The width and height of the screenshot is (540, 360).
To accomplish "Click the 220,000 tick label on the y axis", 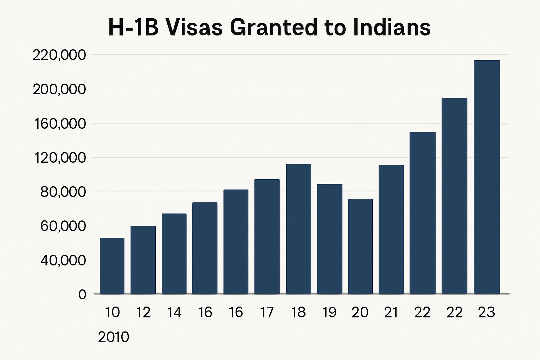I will [x=59, y=55].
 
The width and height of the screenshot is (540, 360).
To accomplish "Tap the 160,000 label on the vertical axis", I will [x=59, y=124].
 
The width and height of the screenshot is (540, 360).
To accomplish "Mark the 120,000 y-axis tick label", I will [x=59, y=158].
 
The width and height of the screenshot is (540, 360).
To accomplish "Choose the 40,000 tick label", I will [x=63, y=260].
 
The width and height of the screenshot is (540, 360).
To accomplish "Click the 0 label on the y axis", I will [x=82, y=294].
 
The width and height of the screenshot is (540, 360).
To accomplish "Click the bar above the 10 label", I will [x=112, y=266].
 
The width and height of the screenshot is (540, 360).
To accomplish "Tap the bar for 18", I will [x=298, y=229].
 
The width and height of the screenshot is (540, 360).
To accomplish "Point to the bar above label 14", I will [x=174, y=253].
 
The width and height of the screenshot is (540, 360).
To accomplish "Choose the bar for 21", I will [x=391, y=229].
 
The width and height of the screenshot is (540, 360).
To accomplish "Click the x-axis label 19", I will [x=329, y=312].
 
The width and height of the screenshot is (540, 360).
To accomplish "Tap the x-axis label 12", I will [x=143, y=312].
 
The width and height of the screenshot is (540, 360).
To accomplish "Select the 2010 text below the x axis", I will [x=114, y=337].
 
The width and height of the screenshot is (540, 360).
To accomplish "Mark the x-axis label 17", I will [x=267, y=312].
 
